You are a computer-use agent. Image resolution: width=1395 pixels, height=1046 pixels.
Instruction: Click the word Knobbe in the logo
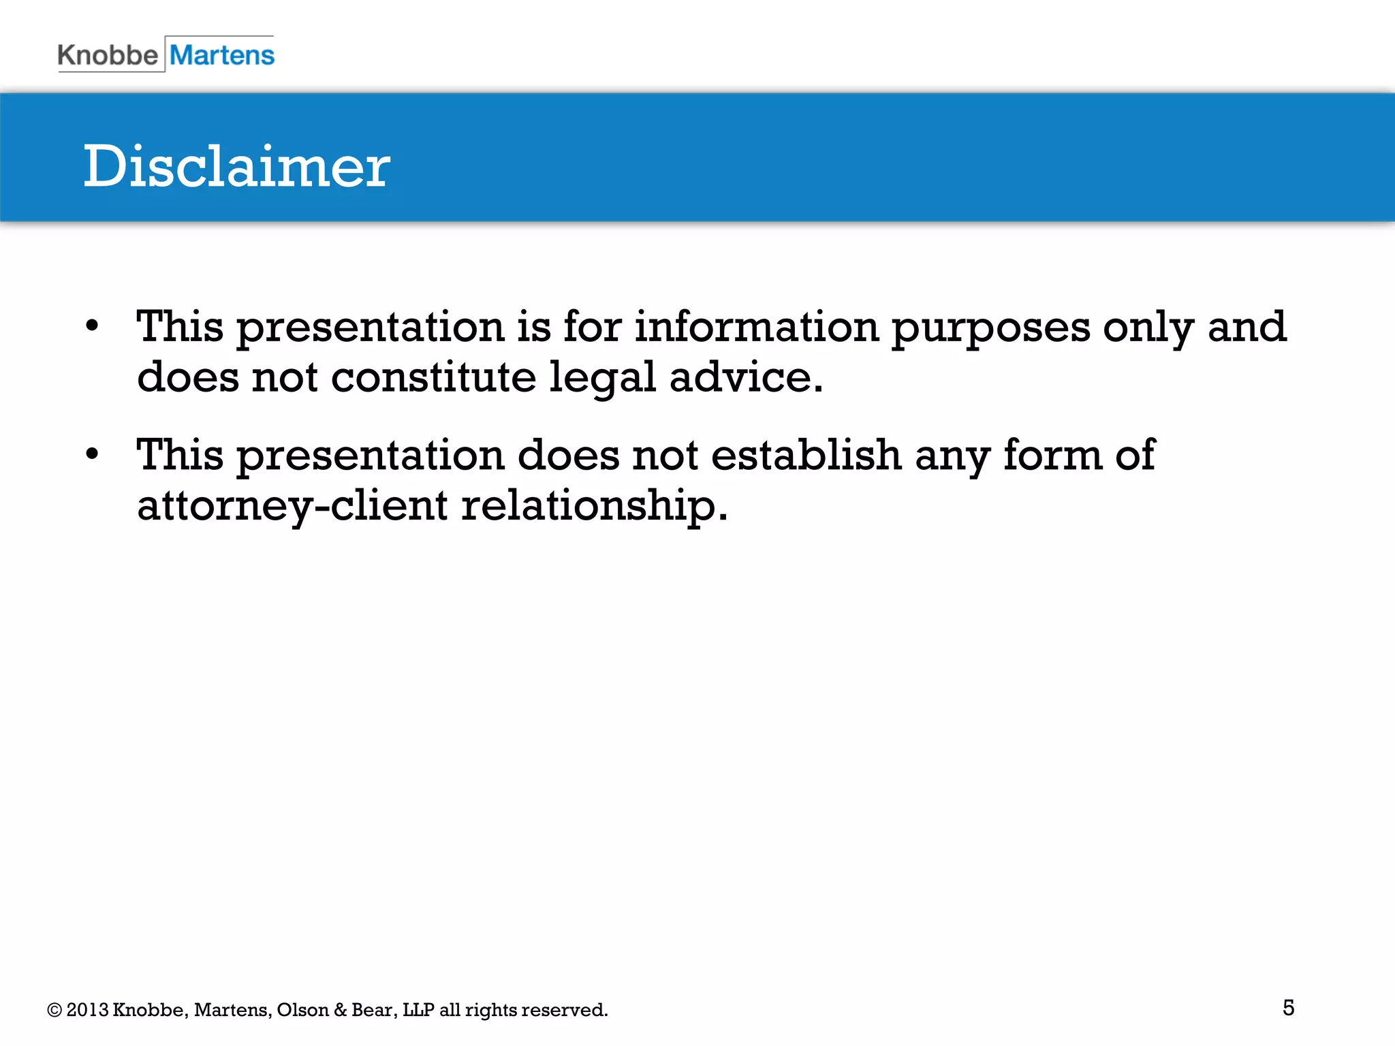point(108,55)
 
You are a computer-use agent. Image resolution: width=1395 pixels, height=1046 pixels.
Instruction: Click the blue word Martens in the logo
point(222,55)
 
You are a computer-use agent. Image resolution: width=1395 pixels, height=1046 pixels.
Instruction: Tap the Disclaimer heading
point(236,167)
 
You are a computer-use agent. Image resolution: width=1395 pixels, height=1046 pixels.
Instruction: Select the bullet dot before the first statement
point(93,326)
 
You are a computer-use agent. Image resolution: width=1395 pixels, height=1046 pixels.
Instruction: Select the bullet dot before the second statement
point(93,454)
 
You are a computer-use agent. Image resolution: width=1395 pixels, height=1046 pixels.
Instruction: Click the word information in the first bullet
point(757,327)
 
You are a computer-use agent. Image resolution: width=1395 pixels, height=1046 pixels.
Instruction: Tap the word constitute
point(433,377)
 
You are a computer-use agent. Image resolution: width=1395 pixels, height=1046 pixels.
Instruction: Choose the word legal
point(602,379)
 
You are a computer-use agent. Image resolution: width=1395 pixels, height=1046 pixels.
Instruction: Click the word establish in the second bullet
point(806,455)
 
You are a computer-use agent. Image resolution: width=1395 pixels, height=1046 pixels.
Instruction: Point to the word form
point(1052,455)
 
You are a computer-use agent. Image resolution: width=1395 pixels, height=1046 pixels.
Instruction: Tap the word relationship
point(594,507)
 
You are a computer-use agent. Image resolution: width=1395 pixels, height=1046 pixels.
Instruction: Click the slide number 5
point(1288,1008)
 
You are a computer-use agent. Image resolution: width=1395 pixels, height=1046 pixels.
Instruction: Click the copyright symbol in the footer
point(54,1010)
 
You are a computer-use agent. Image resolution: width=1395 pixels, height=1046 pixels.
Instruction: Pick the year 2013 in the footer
point(87,1010)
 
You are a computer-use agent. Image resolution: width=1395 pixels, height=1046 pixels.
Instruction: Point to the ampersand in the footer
point(341,1010)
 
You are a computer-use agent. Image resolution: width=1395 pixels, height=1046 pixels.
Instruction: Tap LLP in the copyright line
point(418,1010)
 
